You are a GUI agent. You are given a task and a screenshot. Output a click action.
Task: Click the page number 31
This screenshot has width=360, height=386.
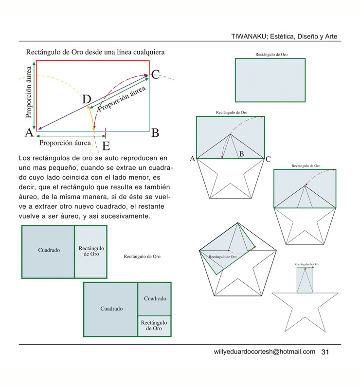325,352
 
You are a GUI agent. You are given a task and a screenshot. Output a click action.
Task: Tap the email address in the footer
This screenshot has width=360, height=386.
265,351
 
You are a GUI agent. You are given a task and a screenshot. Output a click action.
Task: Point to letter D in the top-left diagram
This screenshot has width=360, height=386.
87,99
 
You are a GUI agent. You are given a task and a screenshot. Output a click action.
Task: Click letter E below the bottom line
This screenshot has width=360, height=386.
106,146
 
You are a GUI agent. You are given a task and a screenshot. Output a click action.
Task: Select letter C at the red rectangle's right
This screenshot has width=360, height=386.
155,74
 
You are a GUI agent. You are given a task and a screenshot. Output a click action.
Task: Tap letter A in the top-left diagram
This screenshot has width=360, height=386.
29,132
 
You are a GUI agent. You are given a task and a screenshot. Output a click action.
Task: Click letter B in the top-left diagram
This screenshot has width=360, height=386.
155,133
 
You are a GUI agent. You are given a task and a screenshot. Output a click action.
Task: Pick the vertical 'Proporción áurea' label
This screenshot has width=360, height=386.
29,92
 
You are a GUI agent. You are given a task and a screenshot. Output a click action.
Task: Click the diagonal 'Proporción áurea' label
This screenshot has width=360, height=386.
122,98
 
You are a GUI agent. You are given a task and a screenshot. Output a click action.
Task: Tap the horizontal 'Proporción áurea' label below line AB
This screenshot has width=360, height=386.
65,143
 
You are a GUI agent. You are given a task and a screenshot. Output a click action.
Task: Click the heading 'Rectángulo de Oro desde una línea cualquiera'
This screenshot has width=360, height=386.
95,52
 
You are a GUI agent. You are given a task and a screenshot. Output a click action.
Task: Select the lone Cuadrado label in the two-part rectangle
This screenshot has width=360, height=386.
49,250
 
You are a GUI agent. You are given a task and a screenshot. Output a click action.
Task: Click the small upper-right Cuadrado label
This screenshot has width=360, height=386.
155,298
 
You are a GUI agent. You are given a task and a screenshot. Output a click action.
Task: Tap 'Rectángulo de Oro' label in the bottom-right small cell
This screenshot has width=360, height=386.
154,326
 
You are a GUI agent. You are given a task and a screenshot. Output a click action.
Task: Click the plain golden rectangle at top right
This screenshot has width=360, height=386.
270,80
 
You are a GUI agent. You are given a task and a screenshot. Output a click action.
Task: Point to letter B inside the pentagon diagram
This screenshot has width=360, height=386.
241,154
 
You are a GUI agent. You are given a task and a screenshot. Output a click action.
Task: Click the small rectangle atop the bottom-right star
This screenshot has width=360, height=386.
305,280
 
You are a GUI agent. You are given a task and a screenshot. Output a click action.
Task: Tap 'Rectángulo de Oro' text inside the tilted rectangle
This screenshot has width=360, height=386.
222,257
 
